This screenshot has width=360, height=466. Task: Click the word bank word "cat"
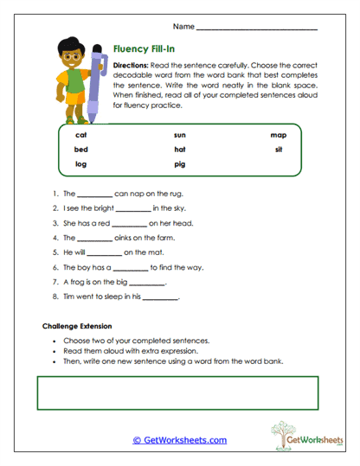pyautogui.click(x=81, y=135)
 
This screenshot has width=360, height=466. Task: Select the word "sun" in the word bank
pyautogui.click(x=179, y=135)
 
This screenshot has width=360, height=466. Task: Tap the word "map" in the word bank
pyautogui.click(x=278, y=135)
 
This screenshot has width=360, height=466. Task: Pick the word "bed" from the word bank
pyautogui.click(x=81, y=149)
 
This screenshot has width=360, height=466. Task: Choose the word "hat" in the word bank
pyautogui.click(x=179, y=149)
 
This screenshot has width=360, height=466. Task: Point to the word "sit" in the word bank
pyautogui.click(x=279, y=149)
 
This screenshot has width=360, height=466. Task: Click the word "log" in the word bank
pyautogui.click(x=81, y=163)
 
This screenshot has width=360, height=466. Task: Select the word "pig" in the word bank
pyautogui.click(x=179, y=163)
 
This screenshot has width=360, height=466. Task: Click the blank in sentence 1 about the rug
pyautogui.click(x=95, y=195)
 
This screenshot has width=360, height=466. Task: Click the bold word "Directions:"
pyautogui.click(x=132, y=66)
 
